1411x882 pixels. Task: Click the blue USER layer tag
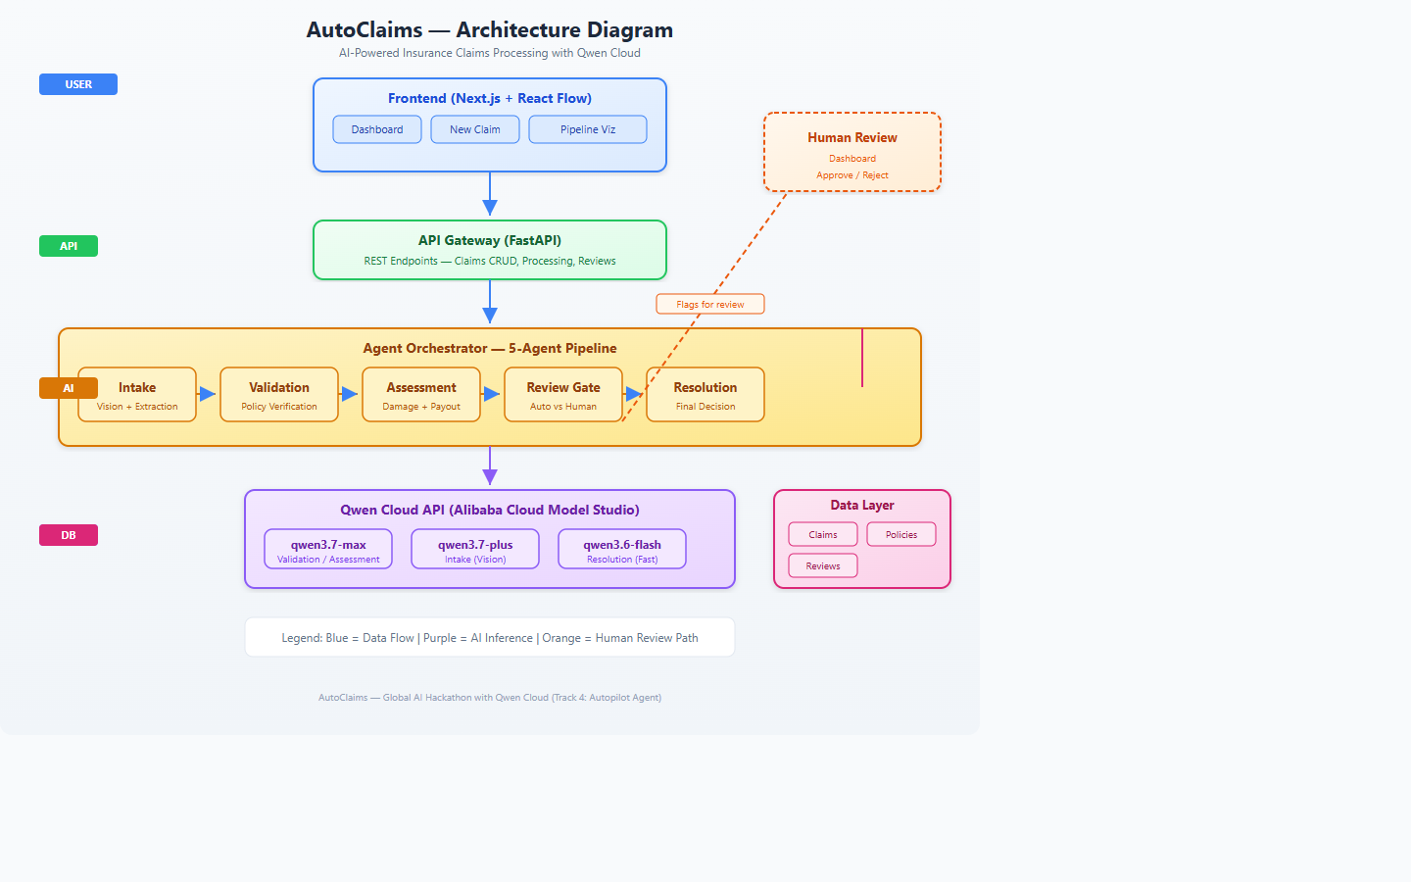pos(78,84)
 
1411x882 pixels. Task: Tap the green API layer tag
pos(69,246)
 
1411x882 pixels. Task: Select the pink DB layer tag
pos(69,535)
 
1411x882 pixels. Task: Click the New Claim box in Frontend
pos(475,129)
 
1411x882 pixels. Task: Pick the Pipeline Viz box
pos(588,129)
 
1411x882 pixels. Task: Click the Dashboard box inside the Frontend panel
pos(377,129)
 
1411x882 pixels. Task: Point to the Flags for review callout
pos(709,304)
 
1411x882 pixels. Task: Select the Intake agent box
pos(137,394)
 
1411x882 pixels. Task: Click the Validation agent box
pos(279,394)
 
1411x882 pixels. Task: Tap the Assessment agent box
pos(421,394)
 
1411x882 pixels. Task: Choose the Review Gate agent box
pos(563,394)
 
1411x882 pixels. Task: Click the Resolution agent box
pos(705,394)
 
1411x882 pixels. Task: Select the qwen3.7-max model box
pos(328,549)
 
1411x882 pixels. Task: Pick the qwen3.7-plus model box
pos(475,549)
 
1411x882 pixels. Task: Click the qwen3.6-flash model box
pos(622,549)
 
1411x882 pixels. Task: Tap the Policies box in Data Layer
pos(901,534)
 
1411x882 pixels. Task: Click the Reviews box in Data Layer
pos(823,565)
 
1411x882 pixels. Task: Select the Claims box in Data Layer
pos(823,534)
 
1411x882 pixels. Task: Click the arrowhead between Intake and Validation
pos(208,394)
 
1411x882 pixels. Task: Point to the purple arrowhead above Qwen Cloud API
pos(490,477)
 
